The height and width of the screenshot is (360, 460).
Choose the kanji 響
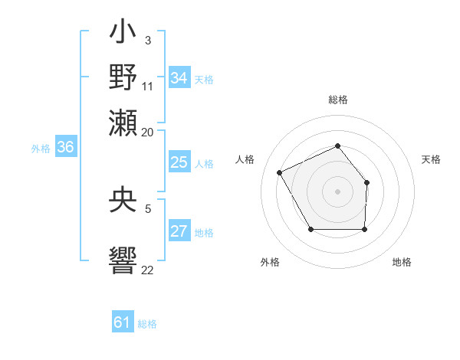123,258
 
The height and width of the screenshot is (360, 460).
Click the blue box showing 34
179,78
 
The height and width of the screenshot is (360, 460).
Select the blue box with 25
179,162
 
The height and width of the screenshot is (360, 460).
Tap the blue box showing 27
179,232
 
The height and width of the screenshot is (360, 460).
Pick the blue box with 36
65,148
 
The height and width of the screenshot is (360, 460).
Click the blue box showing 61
123,323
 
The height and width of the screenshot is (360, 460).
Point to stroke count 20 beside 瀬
148,133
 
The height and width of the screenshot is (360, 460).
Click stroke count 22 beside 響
148,270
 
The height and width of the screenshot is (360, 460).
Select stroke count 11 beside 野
148,86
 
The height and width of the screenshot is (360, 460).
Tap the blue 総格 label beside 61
147,324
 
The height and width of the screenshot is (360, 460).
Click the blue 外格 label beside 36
41,149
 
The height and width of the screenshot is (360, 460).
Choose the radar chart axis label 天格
432,159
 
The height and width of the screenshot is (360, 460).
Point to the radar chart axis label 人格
245,159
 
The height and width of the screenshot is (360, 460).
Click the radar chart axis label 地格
402,262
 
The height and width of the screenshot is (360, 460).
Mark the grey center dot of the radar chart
337,191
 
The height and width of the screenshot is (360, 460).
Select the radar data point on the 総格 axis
337,146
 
